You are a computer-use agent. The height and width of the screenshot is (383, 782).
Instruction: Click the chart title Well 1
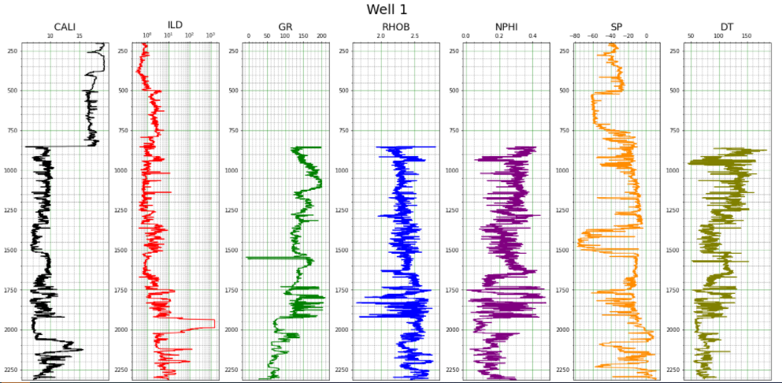[x=387, y=9]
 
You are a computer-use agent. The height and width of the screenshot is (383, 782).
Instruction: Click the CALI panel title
[x=65, y=27]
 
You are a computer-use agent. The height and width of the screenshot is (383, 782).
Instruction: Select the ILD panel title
[x=175, y=25]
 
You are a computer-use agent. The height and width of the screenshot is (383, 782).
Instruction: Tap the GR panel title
[x=285, y=27]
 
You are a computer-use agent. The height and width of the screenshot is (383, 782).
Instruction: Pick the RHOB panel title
[x=395, y=27]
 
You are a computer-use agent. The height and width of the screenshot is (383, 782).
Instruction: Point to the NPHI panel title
[x=506, y=27]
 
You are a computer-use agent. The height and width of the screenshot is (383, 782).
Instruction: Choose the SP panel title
[x=616, y=27]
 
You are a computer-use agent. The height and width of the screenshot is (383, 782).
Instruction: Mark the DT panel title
[x=726, y=27]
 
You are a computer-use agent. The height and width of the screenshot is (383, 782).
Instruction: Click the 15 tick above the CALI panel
[x=80, y=36]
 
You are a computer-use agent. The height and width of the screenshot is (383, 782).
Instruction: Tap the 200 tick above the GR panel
[x=321, y=36]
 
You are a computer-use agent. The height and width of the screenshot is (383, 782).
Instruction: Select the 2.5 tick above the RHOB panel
[x=414, y=36]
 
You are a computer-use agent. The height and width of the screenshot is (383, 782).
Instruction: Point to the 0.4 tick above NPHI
[x=532, y=36]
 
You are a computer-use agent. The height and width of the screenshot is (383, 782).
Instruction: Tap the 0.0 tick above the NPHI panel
[x=465, y=36]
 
